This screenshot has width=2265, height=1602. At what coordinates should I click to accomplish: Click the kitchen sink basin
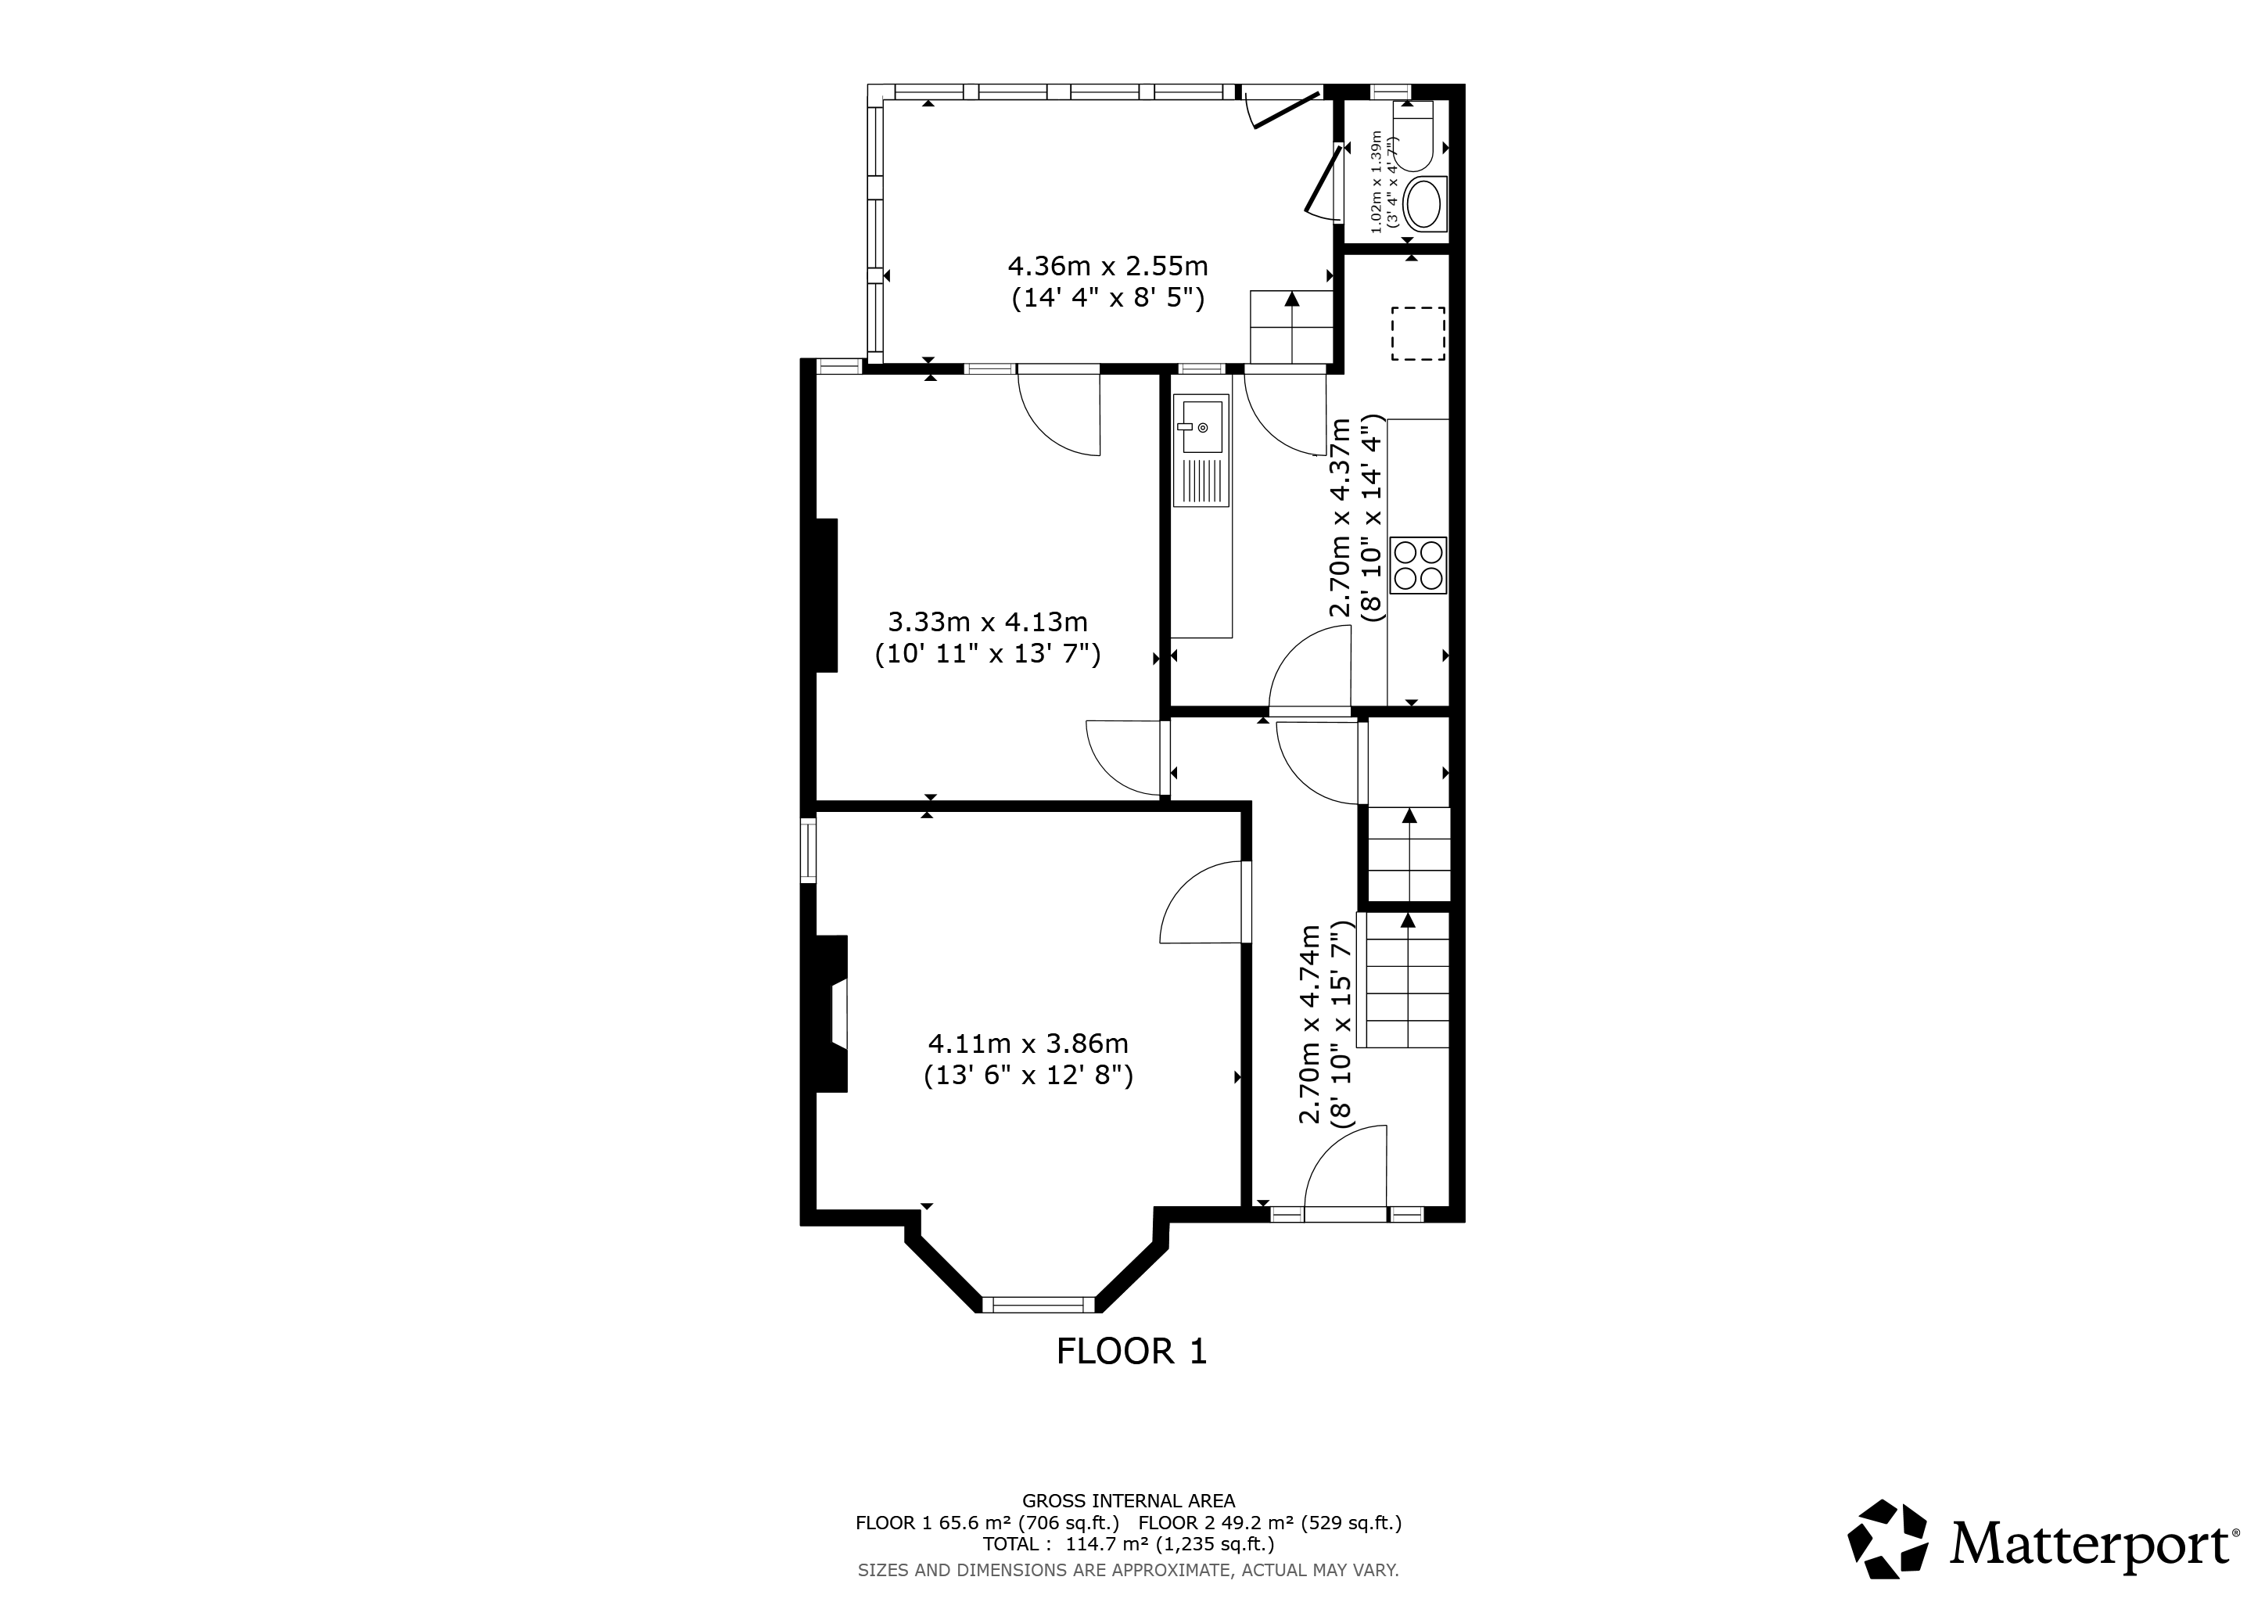pos(1201,426)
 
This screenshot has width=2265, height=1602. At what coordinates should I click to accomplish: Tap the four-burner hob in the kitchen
pos(1418,566)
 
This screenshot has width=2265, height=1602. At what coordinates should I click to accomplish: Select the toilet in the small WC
pos(1412,135)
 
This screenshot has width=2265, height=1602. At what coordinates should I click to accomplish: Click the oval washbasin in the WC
pos(1423,205)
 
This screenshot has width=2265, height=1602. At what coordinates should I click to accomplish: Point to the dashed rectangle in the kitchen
pos(1418,333)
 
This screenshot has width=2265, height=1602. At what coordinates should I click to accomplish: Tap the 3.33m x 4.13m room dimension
pos(988,638)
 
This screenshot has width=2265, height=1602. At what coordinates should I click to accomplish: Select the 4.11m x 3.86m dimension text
pos(1028,1058)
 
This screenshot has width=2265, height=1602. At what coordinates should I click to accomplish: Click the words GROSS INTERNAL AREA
pos(1129,1501)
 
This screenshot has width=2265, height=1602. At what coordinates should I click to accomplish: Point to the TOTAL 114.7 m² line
pos(1129,1544)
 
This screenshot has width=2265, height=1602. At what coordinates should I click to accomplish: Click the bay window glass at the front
pos(1039,1305)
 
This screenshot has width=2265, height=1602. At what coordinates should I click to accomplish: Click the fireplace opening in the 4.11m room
pos(838,1012)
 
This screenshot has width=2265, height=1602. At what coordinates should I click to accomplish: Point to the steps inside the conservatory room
pos(1291,328)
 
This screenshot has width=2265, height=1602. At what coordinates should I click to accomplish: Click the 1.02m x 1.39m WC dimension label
pos(1384,185)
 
